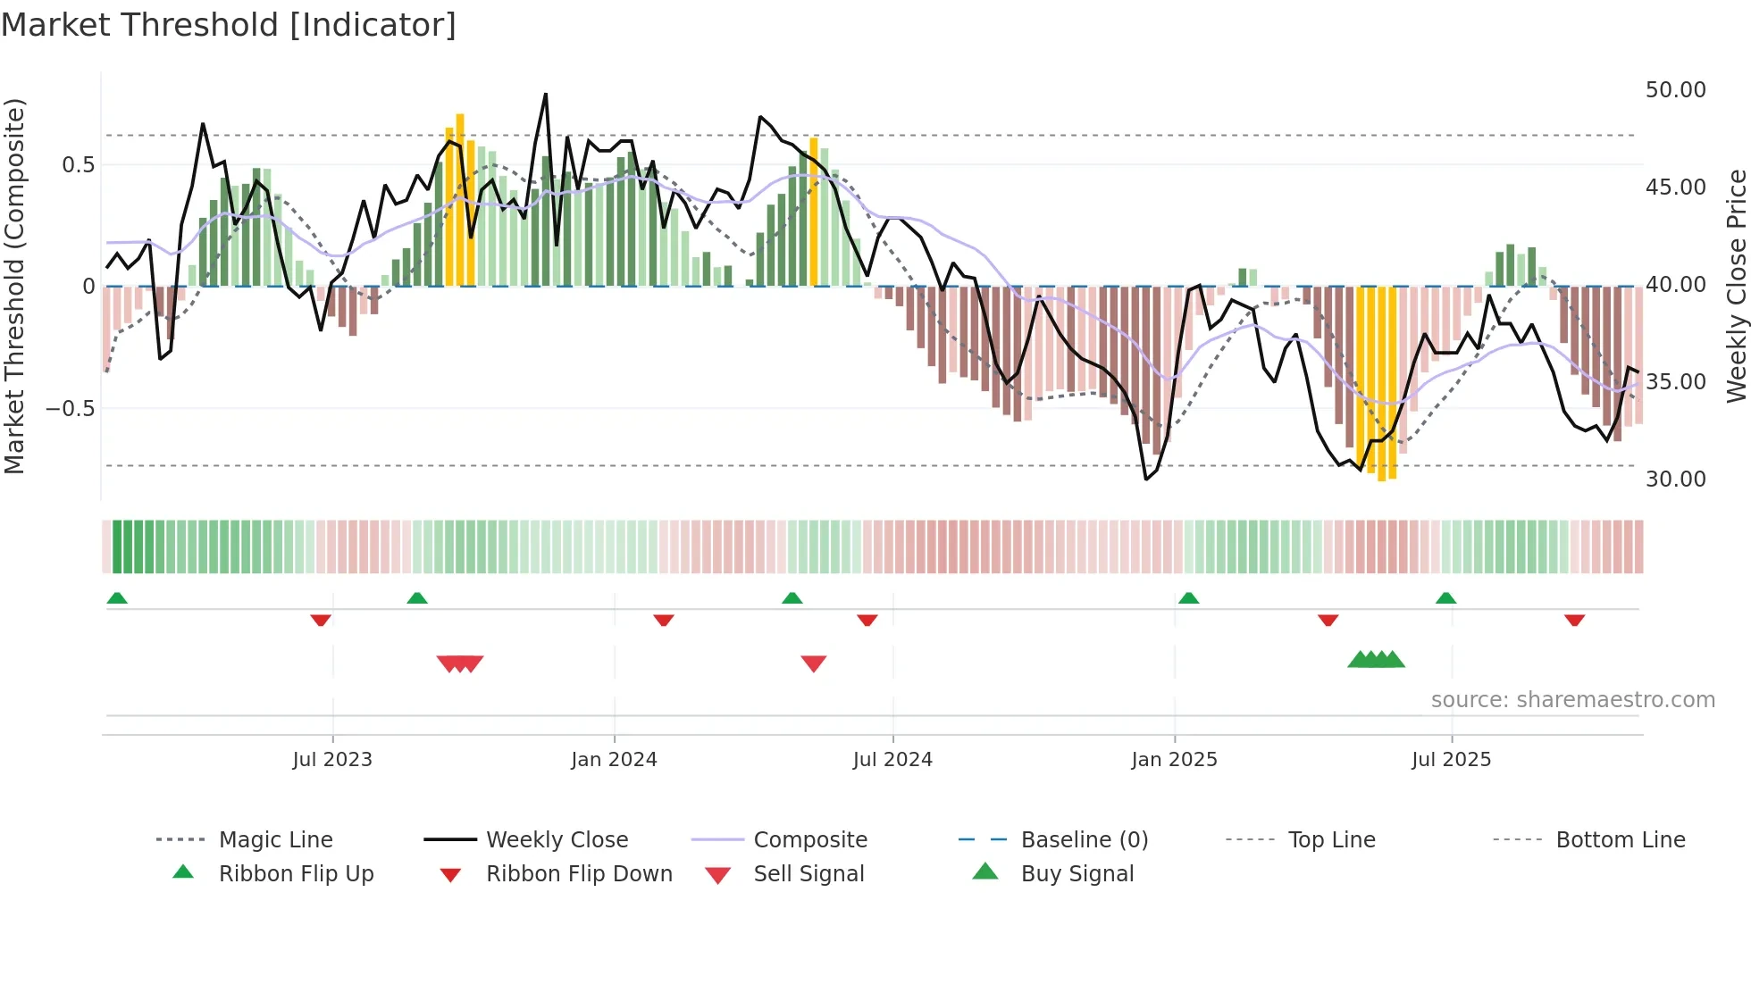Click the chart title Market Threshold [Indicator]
click(229, 25)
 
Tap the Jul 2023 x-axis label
click(332, 760)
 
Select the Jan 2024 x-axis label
click(614, 760)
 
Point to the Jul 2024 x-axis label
click(892, 760)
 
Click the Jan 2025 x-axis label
click(1174, 760)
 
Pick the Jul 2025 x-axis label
click(1452, 760)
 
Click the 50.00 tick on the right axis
click(1675, 90)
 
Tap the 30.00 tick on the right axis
click(1675, 479)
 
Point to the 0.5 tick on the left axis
click(78, 165)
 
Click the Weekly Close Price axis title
click(1736, 286)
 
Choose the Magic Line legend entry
click(275, 840)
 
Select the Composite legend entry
click(809, 840)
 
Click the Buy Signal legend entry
click(1077, 874)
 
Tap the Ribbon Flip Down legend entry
click(578, 874)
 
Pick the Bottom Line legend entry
click(1620, 840)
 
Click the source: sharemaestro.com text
click(1572, 700)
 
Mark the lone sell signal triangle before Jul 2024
click(813, 663)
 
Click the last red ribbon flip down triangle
click(1574, 620)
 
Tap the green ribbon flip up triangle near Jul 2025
click(1445, 598)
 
